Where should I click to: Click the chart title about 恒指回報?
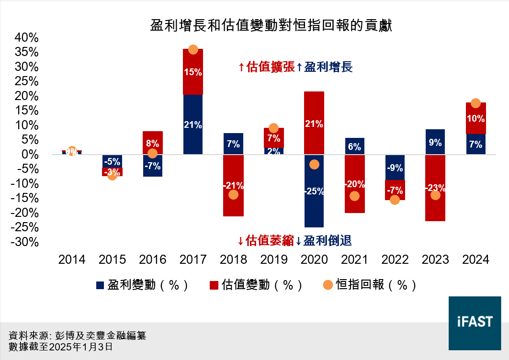[x=271, y=25]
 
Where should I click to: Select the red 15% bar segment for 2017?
[x=193, y=72]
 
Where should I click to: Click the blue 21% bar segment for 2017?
[x=193, y=124]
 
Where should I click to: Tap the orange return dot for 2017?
[x=193, y=50]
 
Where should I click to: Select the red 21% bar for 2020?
[x=314, y=123]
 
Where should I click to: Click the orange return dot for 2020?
[x=314, y=164]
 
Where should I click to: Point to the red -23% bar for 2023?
[x=435, y=206]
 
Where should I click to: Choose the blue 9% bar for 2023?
[x=435, y=142]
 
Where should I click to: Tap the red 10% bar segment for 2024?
[x=475, y=118]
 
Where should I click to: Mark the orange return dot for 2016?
[x=153, y=154]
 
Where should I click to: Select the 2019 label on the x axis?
[x=273, y=260]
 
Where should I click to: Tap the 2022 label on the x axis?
[x=395, y=260]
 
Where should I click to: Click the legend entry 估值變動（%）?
[x=256, y=285]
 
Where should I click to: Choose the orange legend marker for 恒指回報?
[x=328, y=285]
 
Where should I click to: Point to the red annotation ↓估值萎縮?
[x=265, y=240]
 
